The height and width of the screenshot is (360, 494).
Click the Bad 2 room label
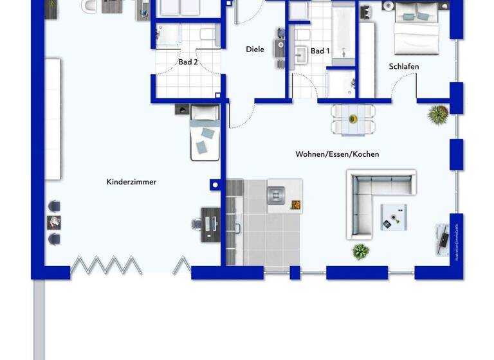[188, 62]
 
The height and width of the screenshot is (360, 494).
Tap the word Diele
[255, 50]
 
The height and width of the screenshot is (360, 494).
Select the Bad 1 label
[320, 51]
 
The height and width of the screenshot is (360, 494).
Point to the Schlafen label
[404, 66]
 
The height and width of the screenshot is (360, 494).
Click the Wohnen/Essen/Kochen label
[337, 154]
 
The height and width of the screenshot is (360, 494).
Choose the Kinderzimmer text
[131, 182]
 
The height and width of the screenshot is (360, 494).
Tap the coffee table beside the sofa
[393, 216]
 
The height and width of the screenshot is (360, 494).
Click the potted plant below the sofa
[360, 251]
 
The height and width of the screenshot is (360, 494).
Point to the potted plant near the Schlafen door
[437, 115]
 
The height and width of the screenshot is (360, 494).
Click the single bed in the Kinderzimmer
[205, 132]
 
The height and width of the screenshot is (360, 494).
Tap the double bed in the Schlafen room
[416, 28]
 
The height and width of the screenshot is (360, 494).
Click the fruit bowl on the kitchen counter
[296, 205]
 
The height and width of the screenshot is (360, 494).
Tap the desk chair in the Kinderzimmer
[197, 224]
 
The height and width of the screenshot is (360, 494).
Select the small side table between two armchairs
[54, 222]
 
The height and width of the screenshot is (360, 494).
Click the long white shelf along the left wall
[53, 119]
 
